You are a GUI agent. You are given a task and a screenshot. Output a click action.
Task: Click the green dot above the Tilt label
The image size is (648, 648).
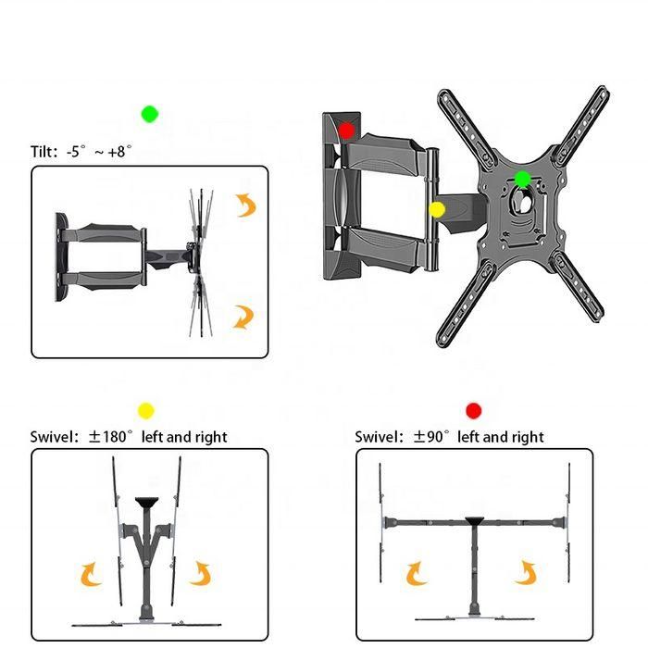[x=150, y=114]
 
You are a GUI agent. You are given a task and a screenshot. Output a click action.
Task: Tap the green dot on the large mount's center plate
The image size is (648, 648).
[x=522, y=179]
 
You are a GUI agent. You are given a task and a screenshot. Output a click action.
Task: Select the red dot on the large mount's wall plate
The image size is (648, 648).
[x=347, y=131]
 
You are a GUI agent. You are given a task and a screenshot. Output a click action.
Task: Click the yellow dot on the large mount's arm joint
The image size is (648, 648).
[x=437, y=210]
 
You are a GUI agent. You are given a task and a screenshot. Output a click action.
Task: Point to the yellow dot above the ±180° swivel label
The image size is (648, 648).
[x=145, y=410]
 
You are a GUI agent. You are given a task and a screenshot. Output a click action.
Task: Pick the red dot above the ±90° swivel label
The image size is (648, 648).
[x=474, y=410]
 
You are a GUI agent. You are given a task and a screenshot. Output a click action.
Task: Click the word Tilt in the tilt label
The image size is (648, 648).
[x=45, y=152]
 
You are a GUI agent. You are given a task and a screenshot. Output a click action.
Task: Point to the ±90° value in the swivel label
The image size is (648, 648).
[x=432, y=436]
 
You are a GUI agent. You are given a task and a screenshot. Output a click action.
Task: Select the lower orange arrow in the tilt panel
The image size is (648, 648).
[x=243, y=318]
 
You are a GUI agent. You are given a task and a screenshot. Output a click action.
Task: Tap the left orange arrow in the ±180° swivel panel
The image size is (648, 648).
[x=91, y=575]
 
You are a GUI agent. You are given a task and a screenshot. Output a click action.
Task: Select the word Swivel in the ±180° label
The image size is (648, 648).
[x=52, y=436]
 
